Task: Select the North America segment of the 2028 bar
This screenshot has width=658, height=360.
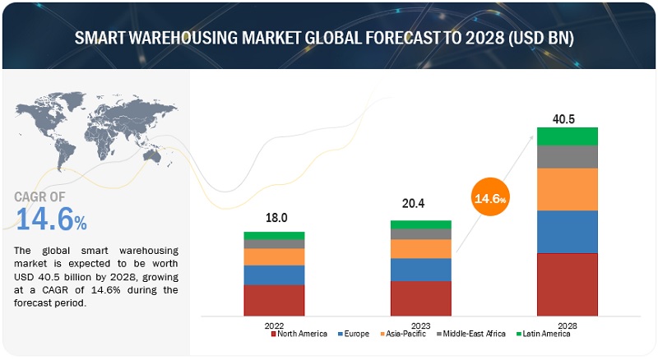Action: point(568,284)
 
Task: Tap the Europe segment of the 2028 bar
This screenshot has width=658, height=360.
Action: point(568,231)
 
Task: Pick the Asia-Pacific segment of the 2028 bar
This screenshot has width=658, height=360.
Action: point(568,189)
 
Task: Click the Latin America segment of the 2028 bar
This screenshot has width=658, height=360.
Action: point(568,136)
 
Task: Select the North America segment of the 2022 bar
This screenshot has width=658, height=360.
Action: point(274,300)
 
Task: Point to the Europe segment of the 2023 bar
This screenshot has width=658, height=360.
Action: point(420,270)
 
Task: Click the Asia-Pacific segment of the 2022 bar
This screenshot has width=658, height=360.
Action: point(274,256)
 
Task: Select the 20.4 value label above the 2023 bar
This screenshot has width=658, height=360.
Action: point(420,207)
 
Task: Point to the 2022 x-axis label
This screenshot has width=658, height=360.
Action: point(274,325)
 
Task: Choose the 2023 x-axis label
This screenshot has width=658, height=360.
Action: point(420,325)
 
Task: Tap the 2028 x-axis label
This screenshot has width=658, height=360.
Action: point(568,325)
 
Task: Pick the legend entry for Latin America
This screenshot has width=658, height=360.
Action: point(543,334)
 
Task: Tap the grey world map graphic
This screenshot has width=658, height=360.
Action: point(90,132)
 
